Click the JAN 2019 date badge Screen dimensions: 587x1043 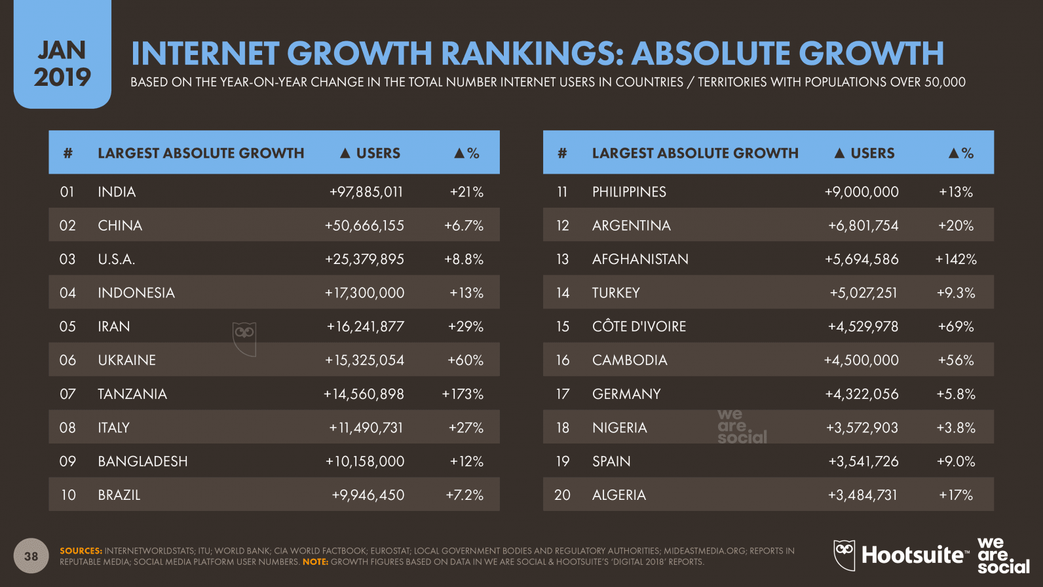[62, 64]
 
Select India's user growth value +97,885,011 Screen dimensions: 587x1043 [366, 192]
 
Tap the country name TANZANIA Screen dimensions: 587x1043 [132, 394]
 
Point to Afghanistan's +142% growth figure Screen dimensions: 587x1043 [955, 259]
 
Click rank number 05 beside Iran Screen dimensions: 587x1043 [67, 326]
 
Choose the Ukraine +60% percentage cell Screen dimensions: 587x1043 [465, 360]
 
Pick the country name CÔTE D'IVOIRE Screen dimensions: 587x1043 [639, 326]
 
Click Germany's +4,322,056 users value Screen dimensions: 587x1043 [862, 394]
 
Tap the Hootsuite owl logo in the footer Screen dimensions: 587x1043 [845, 554]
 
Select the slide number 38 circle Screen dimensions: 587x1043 [31, 556]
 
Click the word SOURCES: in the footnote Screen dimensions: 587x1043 [81, 551]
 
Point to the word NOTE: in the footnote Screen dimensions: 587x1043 [315, 561]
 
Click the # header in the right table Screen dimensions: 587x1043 [561, 153]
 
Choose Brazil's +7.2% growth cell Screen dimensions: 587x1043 [465, 495]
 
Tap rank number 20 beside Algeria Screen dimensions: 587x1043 [562, 495]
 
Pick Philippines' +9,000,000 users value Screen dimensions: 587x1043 [862, 192]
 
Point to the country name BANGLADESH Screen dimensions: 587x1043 [143, 461]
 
